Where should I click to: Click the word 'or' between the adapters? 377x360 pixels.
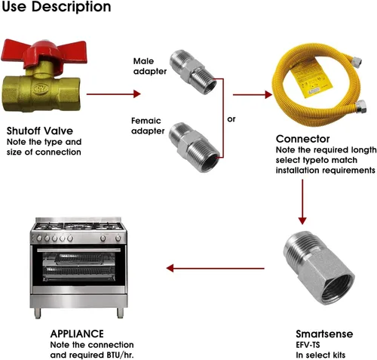click(x=231, y=118)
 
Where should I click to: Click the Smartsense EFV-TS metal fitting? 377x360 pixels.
click(x=319, y=267)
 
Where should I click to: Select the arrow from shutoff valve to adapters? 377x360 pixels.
click(x=113, y=94)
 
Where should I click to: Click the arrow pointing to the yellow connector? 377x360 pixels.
click(x=253, y=94)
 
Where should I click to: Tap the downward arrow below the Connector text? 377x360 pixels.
click(x=302, y=202)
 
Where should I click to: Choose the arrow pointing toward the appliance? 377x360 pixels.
click(x=216, y=268)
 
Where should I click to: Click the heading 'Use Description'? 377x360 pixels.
click(x=57, y=7)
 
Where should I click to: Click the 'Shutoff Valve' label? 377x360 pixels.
click(x=40, y=131)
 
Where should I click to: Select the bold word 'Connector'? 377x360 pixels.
click(x=302, y=139)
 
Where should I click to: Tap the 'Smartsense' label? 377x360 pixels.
click(x=324, y=334)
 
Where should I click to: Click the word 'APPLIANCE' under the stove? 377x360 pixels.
click(x=77, y=334)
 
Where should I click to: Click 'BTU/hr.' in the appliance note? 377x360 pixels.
click(x=119, y=355)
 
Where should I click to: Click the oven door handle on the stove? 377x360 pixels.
click(x=79, y=251)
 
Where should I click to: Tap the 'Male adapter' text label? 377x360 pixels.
click(x=150, y=66)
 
